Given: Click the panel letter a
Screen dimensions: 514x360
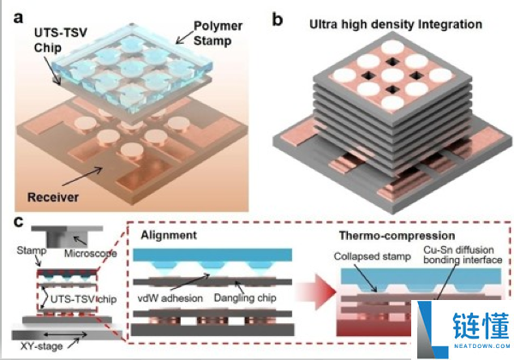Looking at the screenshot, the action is pyautogui.click(x=18, y=18).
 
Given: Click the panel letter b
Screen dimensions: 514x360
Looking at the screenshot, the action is pyautogui.click(x=278, y=20).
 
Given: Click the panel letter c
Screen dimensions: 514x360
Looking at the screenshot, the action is pyautogui.click(x=19, y=222).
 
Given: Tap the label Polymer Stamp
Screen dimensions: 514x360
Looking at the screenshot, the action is pyautogui.click(x=218, y=33).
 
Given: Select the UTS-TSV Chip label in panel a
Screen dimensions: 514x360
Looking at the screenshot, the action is pyautogui.click(x=61, y=40).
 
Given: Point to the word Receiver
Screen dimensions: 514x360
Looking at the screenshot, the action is pyautogui.click(x=53, y=197).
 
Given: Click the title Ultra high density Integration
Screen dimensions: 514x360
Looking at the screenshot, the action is pyautogui.click(x=396, y=25).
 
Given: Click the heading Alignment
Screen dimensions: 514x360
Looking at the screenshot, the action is pyautogui.click(x=169, y=235).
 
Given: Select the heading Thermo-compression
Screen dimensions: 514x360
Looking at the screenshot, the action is pyautogui.click(x=397, y=236).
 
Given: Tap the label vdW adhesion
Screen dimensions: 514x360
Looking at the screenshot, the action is pyautogui.click(x=170, y=298).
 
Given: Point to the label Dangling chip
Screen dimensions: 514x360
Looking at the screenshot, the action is pyautogui.click(x=245, y=297).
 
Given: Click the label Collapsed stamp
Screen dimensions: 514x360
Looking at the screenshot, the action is pyautogui.click(x=373, y=256).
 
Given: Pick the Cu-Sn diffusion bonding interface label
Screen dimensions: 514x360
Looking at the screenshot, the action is pyautogui.click(x=463, y=255).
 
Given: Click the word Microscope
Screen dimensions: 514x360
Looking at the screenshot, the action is pyautogui.click(x=91, y=253).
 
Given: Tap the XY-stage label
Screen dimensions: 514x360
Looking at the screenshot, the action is pyautogui.click(x=41, y=346).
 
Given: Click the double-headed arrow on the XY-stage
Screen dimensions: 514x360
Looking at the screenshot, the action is pyautogui.click(x=64, y=335).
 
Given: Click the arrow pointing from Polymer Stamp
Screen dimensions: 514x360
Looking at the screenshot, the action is pyautogui.click(x=184, y=37).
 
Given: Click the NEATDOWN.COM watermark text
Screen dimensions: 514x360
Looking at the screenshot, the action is pyautogui.click(x=481, y=345).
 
